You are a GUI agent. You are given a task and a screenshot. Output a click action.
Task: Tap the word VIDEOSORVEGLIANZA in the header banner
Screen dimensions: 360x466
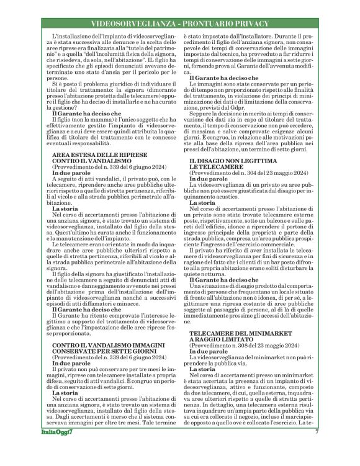tap(128, 24)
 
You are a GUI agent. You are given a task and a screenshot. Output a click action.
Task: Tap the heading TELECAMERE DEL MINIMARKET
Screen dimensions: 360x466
tap(236, 334)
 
